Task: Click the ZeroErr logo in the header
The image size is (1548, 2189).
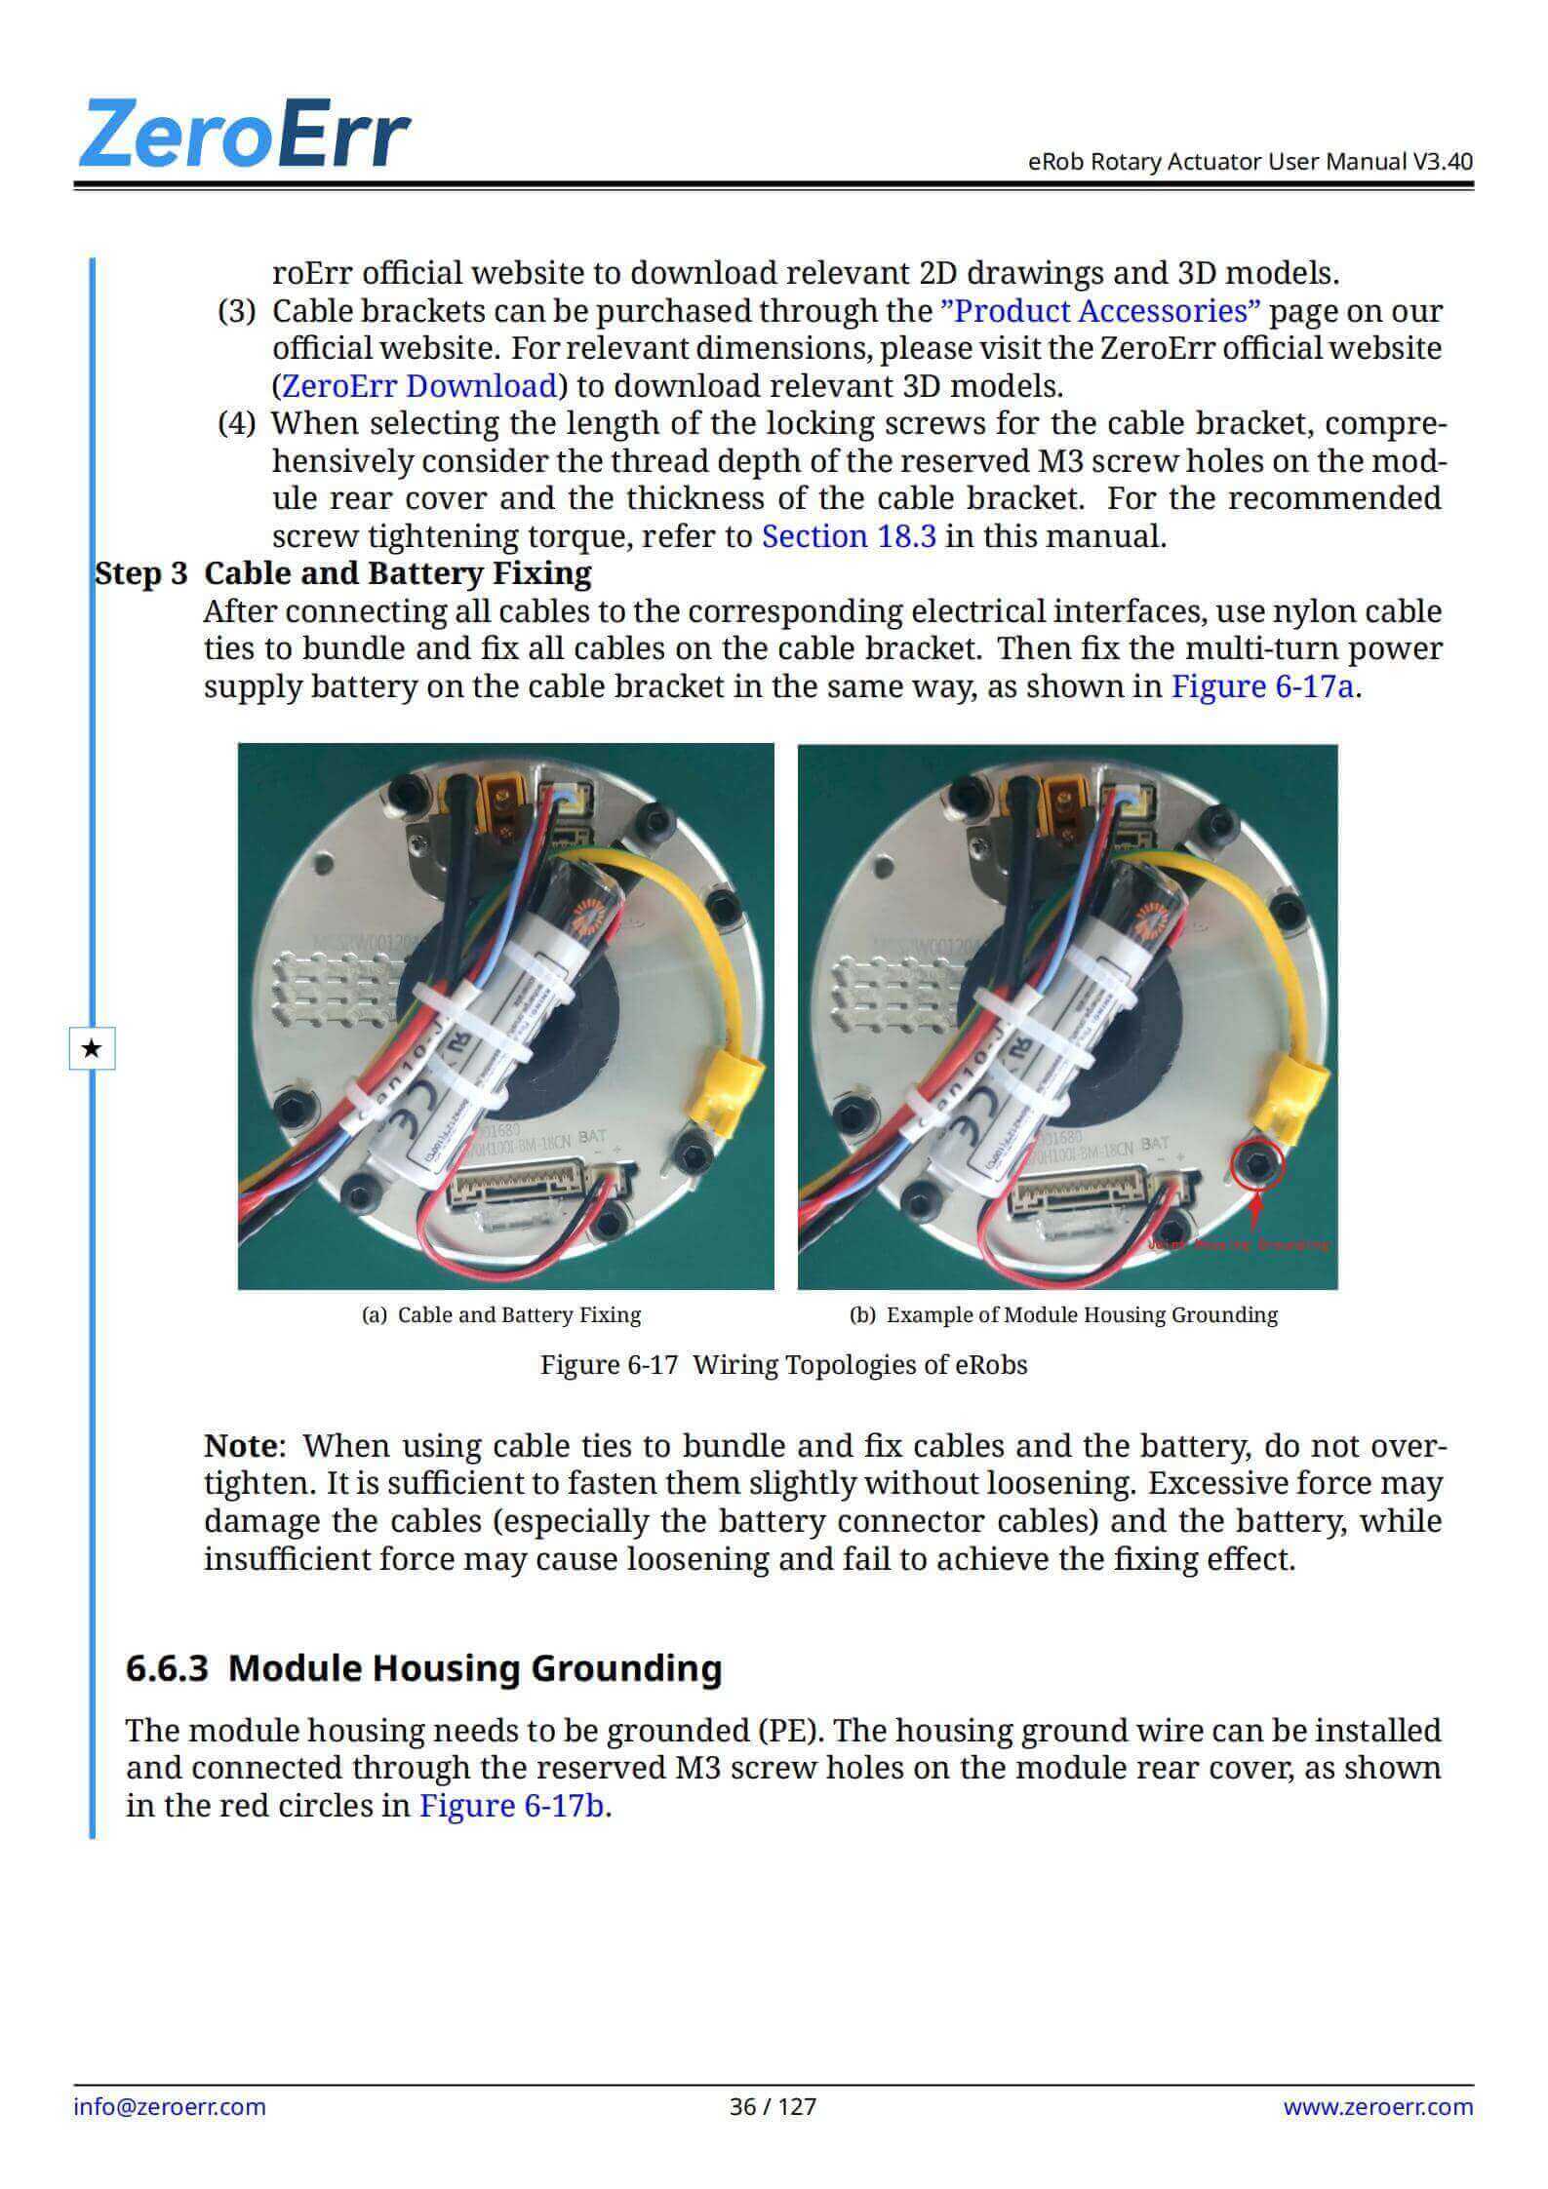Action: tap(244, 133)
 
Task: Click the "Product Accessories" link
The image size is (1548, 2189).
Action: tap(1099, 311)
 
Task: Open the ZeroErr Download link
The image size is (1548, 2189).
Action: tap(418, 386)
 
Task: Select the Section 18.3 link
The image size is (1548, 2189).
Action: tap(849, 536)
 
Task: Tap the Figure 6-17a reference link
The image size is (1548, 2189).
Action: tap(1262, 686)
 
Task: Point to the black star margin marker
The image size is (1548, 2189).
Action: tap(92, 1049)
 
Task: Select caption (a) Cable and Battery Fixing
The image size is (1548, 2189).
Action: tap(501, 1315)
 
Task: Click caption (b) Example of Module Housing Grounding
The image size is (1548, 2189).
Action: tap(1063, 1315)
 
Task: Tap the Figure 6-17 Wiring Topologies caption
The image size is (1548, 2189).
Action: tap(783, 1365)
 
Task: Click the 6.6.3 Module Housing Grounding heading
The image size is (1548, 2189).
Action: tap(423, 1668)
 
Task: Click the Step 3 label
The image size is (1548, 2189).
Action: tap(140, 573)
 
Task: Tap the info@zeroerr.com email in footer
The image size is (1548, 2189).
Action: tap(170, 2106)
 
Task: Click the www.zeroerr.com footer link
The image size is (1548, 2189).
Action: tap(1377, 2106)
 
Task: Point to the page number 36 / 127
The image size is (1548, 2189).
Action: tap(773, 2106)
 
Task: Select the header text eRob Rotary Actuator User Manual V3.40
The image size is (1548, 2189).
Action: tap(1250, 161)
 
